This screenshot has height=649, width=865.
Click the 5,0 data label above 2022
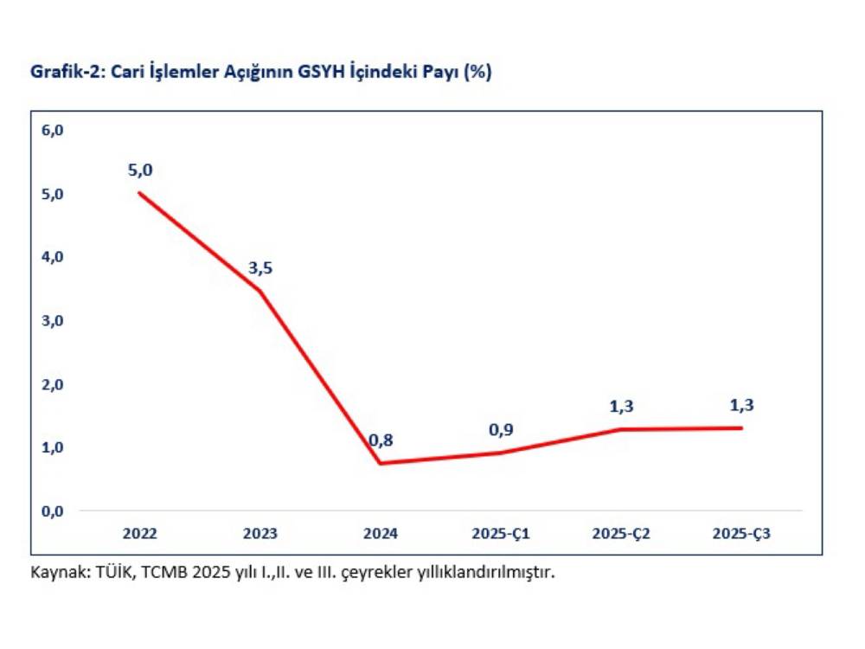point(139,170)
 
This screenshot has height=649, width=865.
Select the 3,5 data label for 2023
point(260,268)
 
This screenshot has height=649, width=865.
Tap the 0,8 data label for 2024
point(381,440)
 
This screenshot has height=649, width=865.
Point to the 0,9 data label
point(501,430)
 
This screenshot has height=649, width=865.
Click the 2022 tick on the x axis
point(139,534)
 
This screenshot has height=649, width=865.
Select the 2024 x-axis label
point(381,534)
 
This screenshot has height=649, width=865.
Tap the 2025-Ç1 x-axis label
point(501,534)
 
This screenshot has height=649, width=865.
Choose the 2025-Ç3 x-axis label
point(741,534)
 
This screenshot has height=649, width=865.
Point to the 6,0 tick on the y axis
point(54,130)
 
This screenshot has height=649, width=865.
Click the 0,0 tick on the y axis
point(54,511)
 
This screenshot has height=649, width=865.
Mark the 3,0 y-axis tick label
point(54,320)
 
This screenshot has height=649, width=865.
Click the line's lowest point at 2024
point(381,463)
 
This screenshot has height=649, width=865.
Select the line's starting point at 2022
point(140,193)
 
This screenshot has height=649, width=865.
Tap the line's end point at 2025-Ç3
point(741,427)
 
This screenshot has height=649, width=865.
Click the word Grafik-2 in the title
point(62,74)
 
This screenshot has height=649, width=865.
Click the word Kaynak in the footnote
point(56,572)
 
